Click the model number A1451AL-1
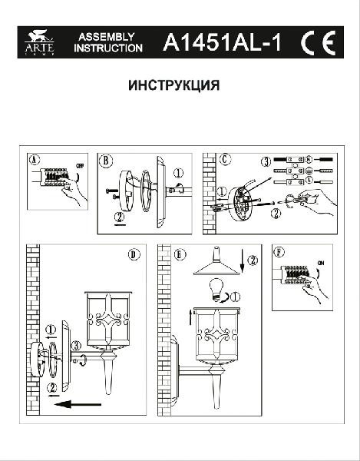[x=222, y=44]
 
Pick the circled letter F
[x=279, y=252]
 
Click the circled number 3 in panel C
[x=266, y=162]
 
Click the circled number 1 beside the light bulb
[x=235, y=296]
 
